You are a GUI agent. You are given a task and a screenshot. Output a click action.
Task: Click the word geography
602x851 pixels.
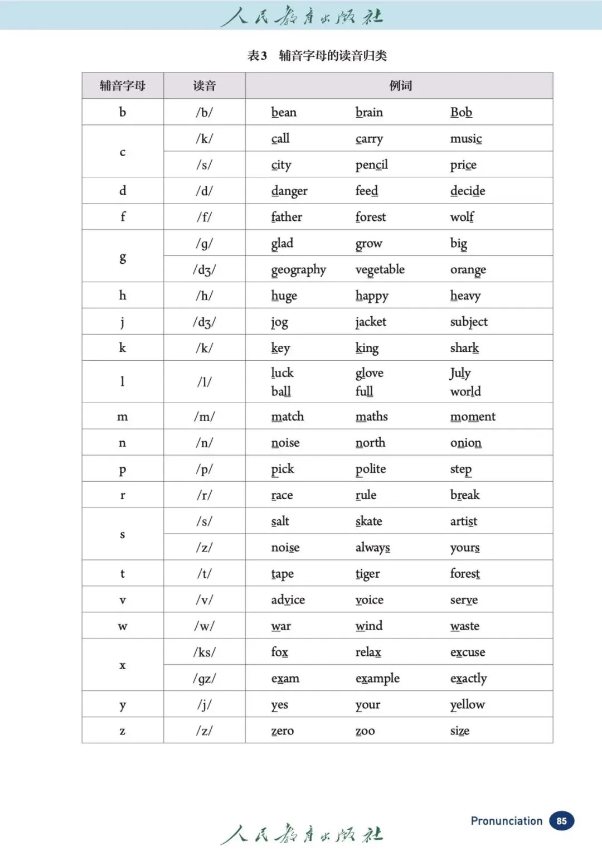(298, 270)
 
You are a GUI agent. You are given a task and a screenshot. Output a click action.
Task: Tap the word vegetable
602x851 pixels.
(380, 270)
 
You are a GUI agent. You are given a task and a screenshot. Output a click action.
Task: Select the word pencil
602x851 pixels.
(371, 165)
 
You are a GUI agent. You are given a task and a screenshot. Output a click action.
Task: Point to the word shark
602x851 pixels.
(464, 348)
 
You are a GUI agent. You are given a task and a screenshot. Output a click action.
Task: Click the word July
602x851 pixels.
(460, 373)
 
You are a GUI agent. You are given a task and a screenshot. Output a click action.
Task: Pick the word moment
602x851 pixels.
(473, 417)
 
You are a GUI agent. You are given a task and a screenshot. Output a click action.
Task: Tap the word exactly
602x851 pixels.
(468, 679)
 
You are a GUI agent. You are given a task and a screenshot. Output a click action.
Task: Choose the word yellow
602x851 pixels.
(467, 705)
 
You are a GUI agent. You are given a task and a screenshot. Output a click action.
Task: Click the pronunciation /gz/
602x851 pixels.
(204, 679)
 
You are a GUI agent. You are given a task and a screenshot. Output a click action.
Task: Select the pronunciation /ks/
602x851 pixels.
(204, 652)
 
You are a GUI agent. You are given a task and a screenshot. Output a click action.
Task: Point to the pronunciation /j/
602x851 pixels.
(204, 705)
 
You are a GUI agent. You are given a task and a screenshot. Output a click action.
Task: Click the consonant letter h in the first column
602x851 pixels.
(123, 296)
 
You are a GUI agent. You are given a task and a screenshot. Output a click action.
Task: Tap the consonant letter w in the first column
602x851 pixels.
(123, 626)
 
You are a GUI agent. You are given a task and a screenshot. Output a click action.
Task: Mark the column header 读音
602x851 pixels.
(204, 86)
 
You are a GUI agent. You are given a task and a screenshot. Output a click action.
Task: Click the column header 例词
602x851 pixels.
(400, 86)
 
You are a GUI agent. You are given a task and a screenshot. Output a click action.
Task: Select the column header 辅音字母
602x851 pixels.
(123, 86)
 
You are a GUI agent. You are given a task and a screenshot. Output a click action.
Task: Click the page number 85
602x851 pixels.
(561, 821)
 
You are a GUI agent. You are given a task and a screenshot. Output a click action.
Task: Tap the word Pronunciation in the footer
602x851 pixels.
(506, 821)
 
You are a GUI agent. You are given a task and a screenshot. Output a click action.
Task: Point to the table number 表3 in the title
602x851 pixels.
(257, 56)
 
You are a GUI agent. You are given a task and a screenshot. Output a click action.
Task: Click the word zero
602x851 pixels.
(282, 731)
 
